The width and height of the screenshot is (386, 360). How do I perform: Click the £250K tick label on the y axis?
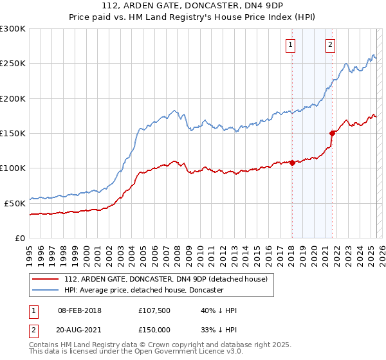[13, 64]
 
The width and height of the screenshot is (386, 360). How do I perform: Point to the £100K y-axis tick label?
[13, 168]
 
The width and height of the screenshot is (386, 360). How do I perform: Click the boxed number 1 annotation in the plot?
[291, 45]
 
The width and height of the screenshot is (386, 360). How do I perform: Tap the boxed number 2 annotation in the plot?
[331, 45]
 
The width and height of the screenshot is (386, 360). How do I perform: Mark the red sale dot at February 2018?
[292, 163]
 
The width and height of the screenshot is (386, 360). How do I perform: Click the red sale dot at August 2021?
[333, 134]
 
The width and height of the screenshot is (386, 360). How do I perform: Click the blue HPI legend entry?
[143, 291]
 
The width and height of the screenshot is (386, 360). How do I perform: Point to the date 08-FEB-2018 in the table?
[79, 310]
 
